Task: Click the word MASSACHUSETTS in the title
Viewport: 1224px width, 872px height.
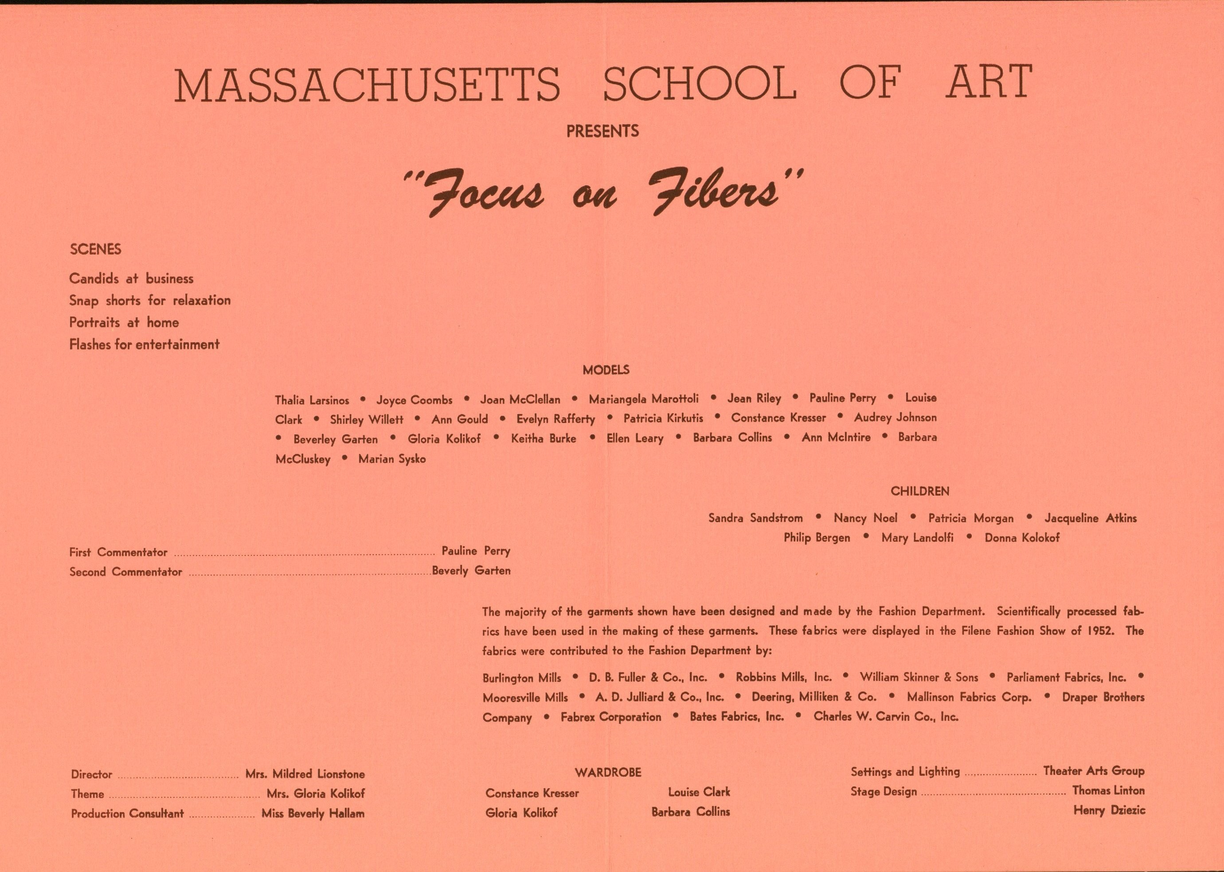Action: pyautogui.click(x=367, y=84)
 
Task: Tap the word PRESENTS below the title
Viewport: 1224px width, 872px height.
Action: pyautogui.click(x=602, y=131)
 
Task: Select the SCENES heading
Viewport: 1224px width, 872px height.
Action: pyautogui.click(x=96, y=249)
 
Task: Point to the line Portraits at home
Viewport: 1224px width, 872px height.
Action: pyautogui.click(x=124, y=322)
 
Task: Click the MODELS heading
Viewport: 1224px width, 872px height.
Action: pyautogui.click(x=606, y=370)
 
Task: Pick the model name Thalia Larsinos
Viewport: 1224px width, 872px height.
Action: pyautogui.click(x=312, y=400)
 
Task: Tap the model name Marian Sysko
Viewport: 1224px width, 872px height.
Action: pyautogui.click(x=392, y=459)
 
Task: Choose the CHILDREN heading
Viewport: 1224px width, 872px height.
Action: pyautogui.click(x=919, y=491)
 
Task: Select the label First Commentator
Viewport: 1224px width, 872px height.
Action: pyautogui.click(x=118, y=552)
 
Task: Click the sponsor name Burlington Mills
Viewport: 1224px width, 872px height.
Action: pyautogui.click(x=521, y=678)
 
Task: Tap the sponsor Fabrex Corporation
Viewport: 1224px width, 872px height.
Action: pyautogui.click(x=610, y=717)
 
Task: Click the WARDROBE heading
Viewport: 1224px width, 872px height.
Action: pyautogui.click(x=608, y=773)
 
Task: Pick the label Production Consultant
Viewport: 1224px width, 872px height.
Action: pyautogui.click(x=127, y=814)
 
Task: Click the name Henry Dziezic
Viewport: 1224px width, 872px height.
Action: pyautogui.click(x=1109, y=811)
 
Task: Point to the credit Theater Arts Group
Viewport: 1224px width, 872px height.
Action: pyautogui.click(x=1094, y=771)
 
